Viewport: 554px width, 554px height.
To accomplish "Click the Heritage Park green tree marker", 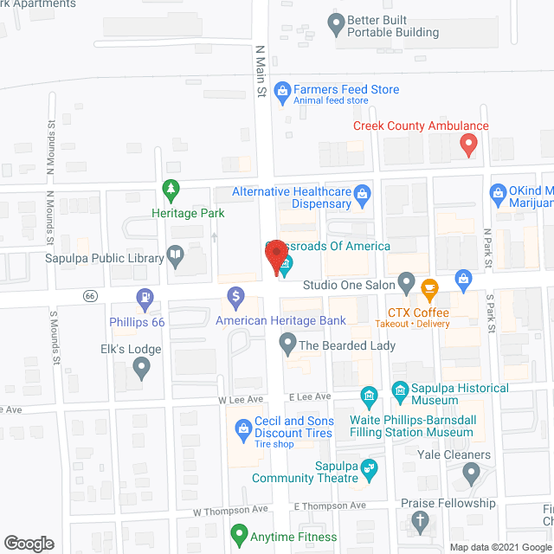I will tap(171, 189).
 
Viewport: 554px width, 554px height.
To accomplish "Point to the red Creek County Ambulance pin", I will tap(468, 144).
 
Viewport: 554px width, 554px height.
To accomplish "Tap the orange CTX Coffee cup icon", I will tap(428, 287).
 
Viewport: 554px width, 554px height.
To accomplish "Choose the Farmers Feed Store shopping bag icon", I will tap(281, 90).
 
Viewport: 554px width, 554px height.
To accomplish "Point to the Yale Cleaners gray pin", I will tap(470, 473).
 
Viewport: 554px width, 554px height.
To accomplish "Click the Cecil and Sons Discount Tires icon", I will tap(242, 428).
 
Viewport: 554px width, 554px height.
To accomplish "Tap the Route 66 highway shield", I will tap(89, 296).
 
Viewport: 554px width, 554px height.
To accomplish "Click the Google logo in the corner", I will tap(29, 544).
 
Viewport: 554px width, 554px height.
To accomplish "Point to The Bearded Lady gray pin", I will tap(287, 345).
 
